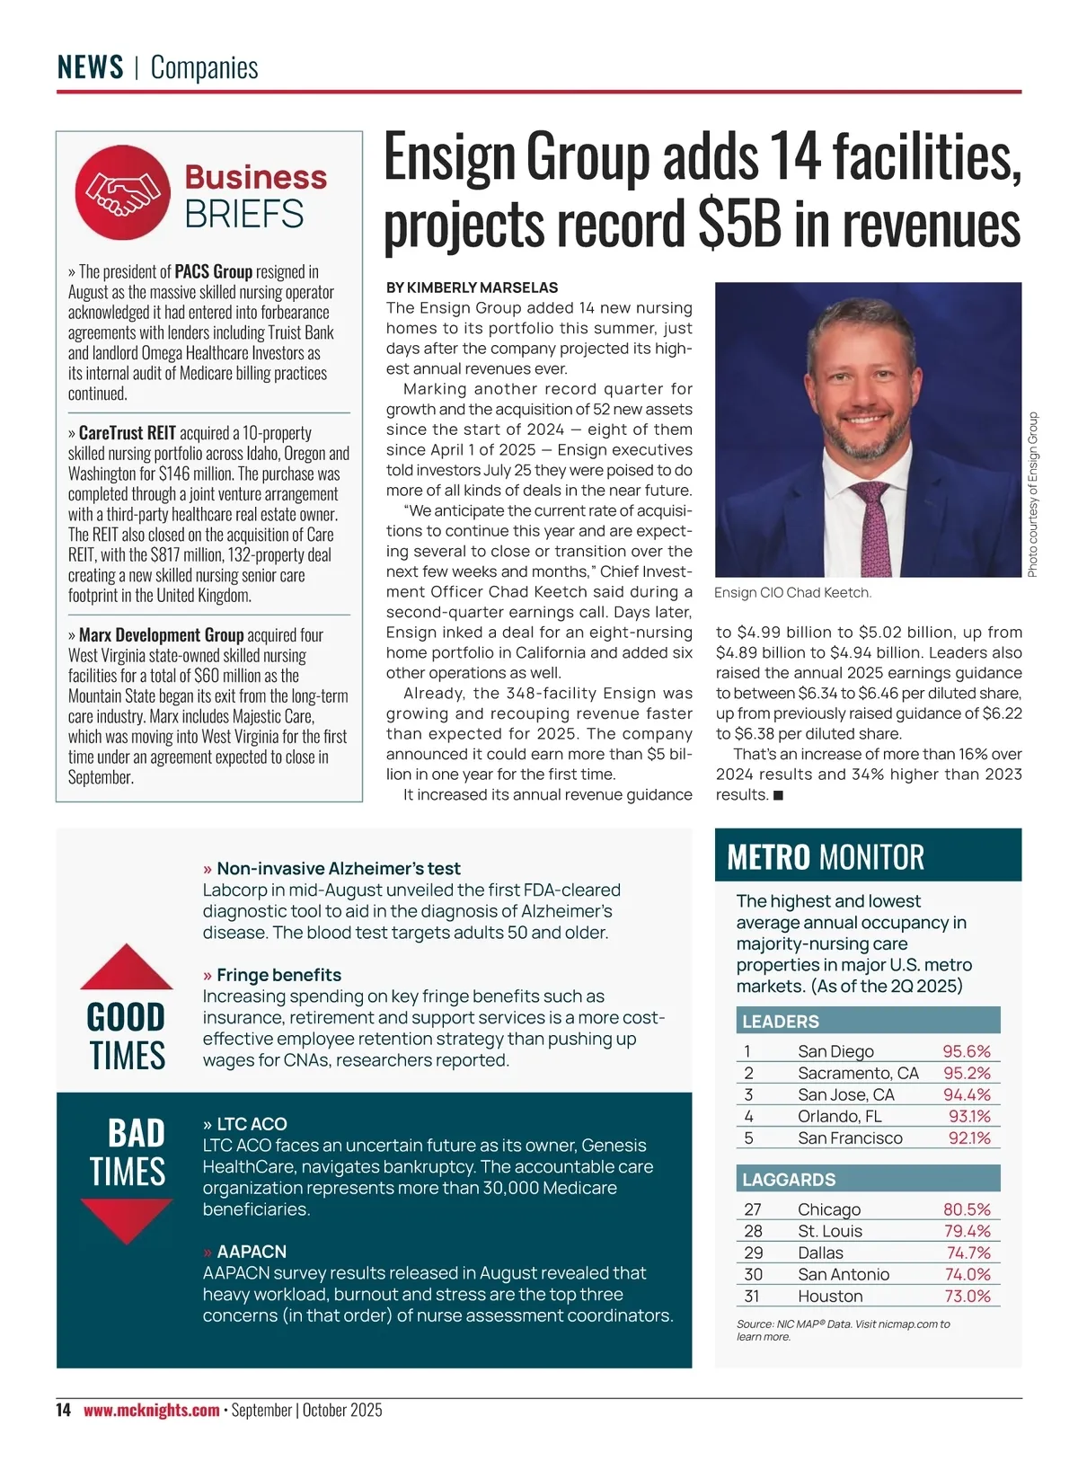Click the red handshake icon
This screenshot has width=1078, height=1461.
pyautogui.click(x=122, y=192)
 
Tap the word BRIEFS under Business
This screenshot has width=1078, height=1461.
pyautogui.click(x=244, y=215)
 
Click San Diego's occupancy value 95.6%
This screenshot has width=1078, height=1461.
pyautogui.click(x=967, y=1051)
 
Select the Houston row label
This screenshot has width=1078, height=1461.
pyautogui.click(x=830, y=1296)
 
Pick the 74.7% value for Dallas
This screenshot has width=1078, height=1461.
pyautogui.click(x=968, y=1253)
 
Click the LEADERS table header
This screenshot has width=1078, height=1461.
pyautogui.click(x=781, y=1022)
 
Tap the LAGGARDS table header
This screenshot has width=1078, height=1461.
pyautogui.click(x=789, y=1180)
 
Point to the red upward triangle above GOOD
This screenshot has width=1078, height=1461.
pyautogui.click(x=127, y=969)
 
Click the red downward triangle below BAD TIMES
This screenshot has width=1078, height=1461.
pyautogui.click(x=127, y=1219)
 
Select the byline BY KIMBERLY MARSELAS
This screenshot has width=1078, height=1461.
pyautogui.click(x=472, y=288)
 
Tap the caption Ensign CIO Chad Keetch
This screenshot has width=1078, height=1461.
pyautogui.click(x=792, y=593)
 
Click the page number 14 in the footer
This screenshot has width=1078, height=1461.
pyautogui.click(x=63, y=1410)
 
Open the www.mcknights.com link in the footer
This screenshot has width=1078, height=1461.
pyautogui.click(x=151, y=1410)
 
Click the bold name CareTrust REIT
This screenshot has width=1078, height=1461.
pyautogui.click(x=128, y=433)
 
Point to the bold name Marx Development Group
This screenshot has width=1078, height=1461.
pyautogui.click(x=161, y=635)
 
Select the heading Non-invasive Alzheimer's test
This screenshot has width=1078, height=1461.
pyautogui.click(x=338, y=869)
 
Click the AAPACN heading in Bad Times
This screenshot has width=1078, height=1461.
pyautogui.click(x=252, y=1252)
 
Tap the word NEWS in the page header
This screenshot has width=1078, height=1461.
pyautogui.click(x=90, y=67)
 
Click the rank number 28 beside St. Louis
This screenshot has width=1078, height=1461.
pyautogui.click(x=753, y=1231)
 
